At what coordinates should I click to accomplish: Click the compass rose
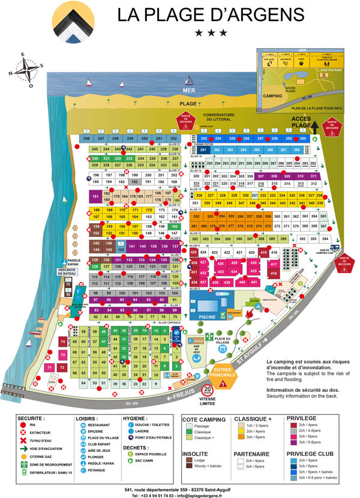click(26, 70)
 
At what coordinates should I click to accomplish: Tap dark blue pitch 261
click(203, 150)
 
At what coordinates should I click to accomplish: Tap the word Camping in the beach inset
click(272, 95)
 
